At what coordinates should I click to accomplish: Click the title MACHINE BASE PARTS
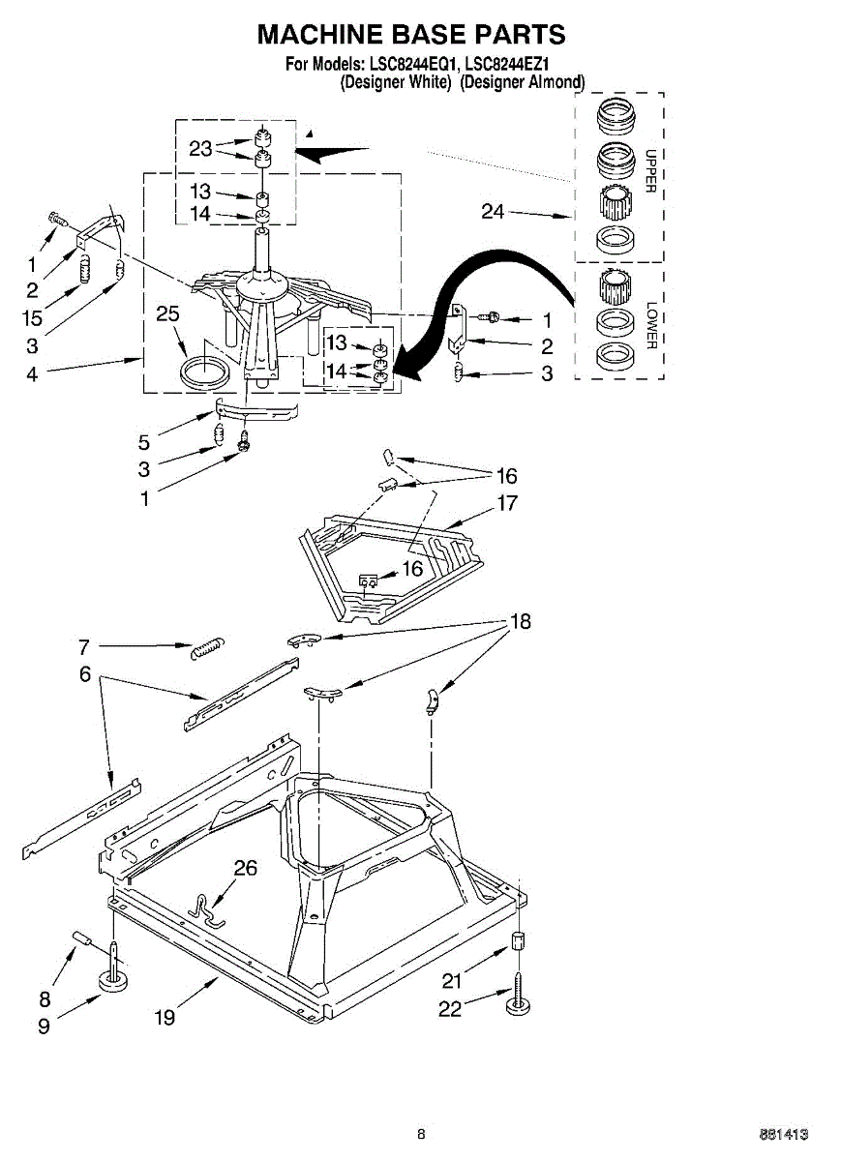(x=411, y=35)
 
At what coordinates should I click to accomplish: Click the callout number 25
(x=168, y=313)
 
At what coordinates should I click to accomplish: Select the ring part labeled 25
(x=205, y=372)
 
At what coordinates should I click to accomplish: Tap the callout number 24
(x=493, y=211)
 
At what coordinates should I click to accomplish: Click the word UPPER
(x=650, y=170)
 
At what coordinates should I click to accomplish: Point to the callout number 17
(x=507, y=502)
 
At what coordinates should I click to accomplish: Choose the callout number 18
(x=521, y=622)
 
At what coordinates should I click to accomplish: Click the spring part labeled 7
(x=206, y=646)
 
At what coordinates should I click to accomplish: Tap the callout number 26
(x=246, y=868)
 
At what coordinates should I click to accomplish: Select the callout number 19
(x=165, y=1017)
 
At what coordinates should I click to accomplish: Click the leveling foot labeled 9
(x=115, y=982)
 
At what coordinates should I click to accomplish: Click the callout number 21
(x=453, y=979)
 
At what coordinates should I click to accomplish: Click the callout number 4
(x=32, y=375)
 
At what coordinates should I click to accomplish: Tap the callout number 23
(x=200, y=148)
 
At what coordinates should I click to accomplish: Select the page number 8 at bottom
(x=421, y=1134)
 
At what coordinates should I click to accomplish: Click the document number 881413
(x=784, y=1134)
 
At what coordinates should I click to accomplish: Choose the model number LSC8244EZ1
(x=508, y=66)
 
